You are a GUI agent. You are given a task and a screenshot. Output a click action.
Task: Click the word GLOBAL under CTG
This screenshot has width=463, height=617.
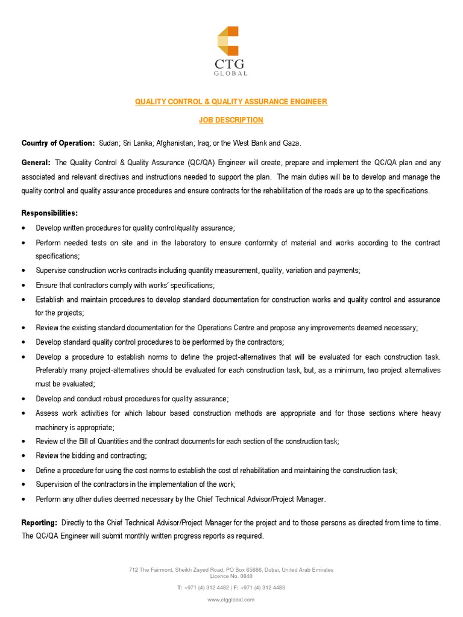pyautogui.click(x=231, y=74)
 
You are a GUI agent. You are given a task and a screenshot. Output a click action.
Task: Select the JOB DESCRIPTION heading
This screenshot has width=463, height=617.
pyautogui.click(x=231, y=120)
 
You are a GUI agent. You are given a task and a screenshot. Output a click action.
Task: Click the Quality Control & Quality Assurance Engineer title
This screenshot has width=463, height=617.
pyautogui.click(x=231, y=102)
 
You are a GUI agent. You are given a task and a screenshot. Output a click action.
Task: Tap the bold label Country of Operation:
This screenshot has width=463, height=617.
pyautogui.click(x=58, y=143)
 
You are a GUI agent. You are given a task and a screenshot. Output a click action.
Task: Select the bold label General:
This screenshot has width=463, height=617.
pyautogui.click(x=36, y=162)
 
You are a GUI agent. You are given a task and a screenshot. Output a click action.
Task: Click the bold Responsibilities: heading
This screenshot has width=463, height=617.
pyautogui.click(x=49, y=213)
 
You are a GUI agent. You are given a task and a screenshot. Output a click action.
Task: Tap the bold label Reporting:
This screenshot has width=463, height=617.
pyautogui.click(x=40, y=523)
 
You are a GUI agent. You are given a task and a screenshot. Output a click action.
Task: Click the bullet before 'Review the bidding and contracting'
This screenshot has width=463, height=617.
pyautogui.click(x=23, y=456)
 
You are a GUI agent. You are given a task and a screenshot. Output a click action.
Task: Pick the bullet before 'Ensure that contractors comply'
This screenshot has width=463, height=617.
pyautogui.click(x=23, y=285)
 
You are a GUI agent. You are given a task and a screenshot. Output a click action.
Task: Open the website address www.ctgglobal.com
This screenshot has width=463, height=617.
pyautogui.click(x=231, y=600)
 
